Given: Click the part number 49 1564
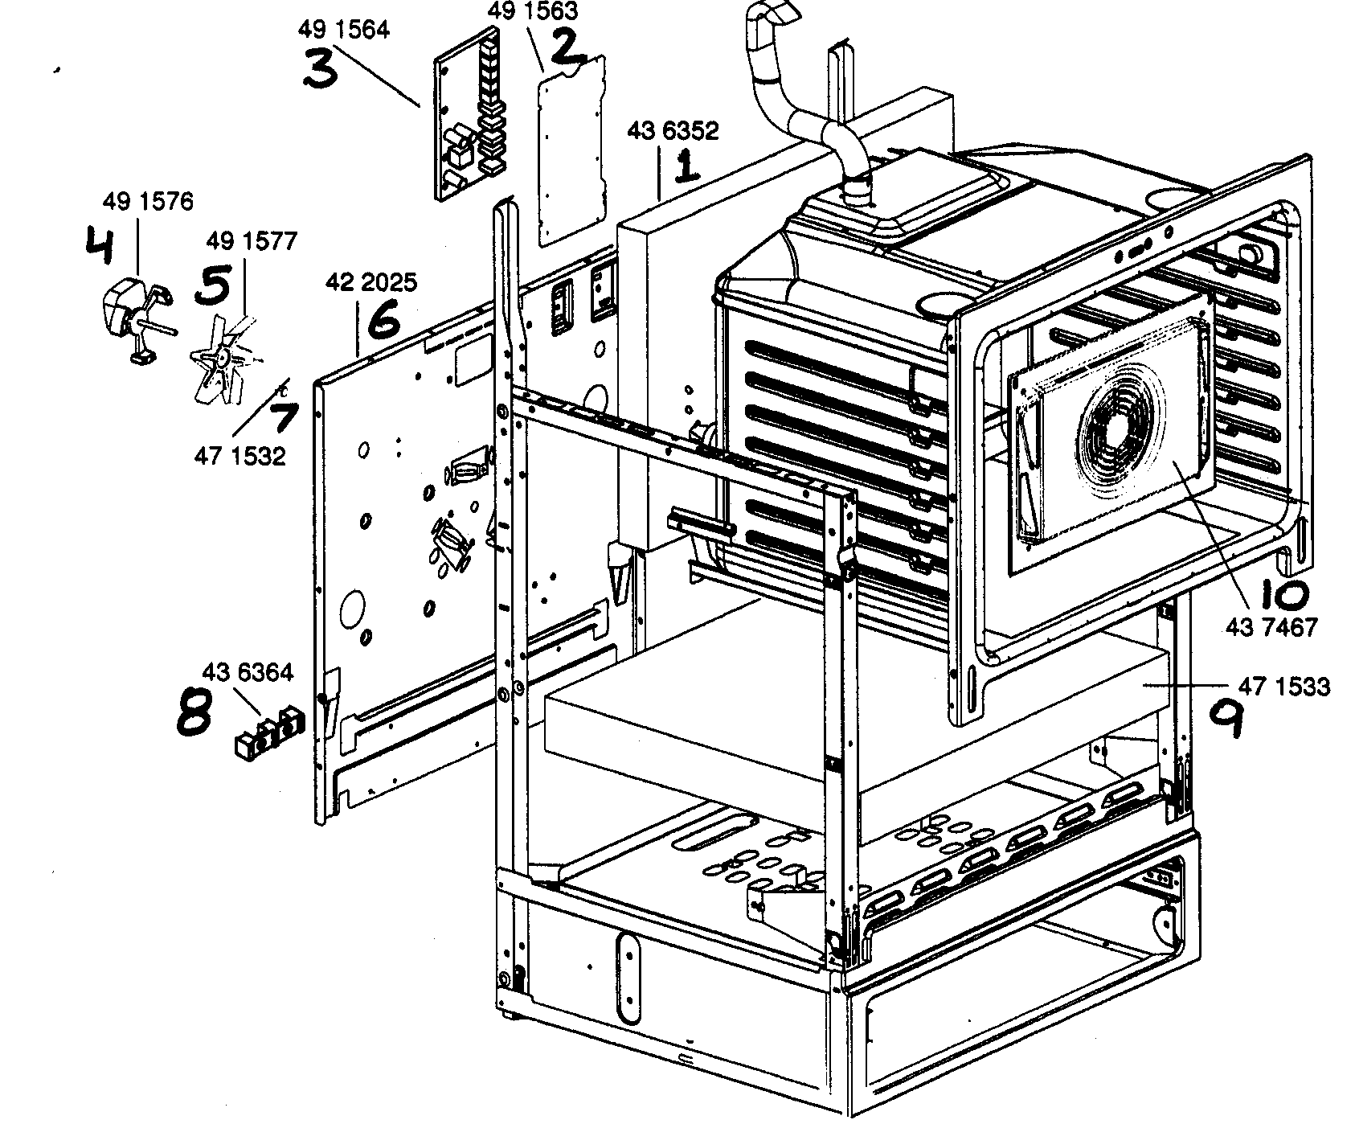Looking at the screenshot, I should pyautogui.click(x=343, y=30).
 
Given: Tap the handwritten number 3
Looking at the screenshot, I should pyautogui.click(x=321, y=68).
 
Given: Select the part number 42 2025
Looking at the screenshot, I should pyautogui.click(x=370, y=282).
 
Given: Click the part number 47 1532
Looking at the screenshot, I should pyautogui.click(x=239, y=456).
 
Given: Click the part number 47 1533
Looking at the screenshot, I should pyautogui.click(x=1285, y=687).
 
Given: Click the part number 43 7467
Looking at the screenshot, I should pyautogui.click(x=1272, y=626).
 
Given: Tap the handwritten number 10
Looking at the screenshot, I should pyautogui.click(x=1283, y=594).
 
